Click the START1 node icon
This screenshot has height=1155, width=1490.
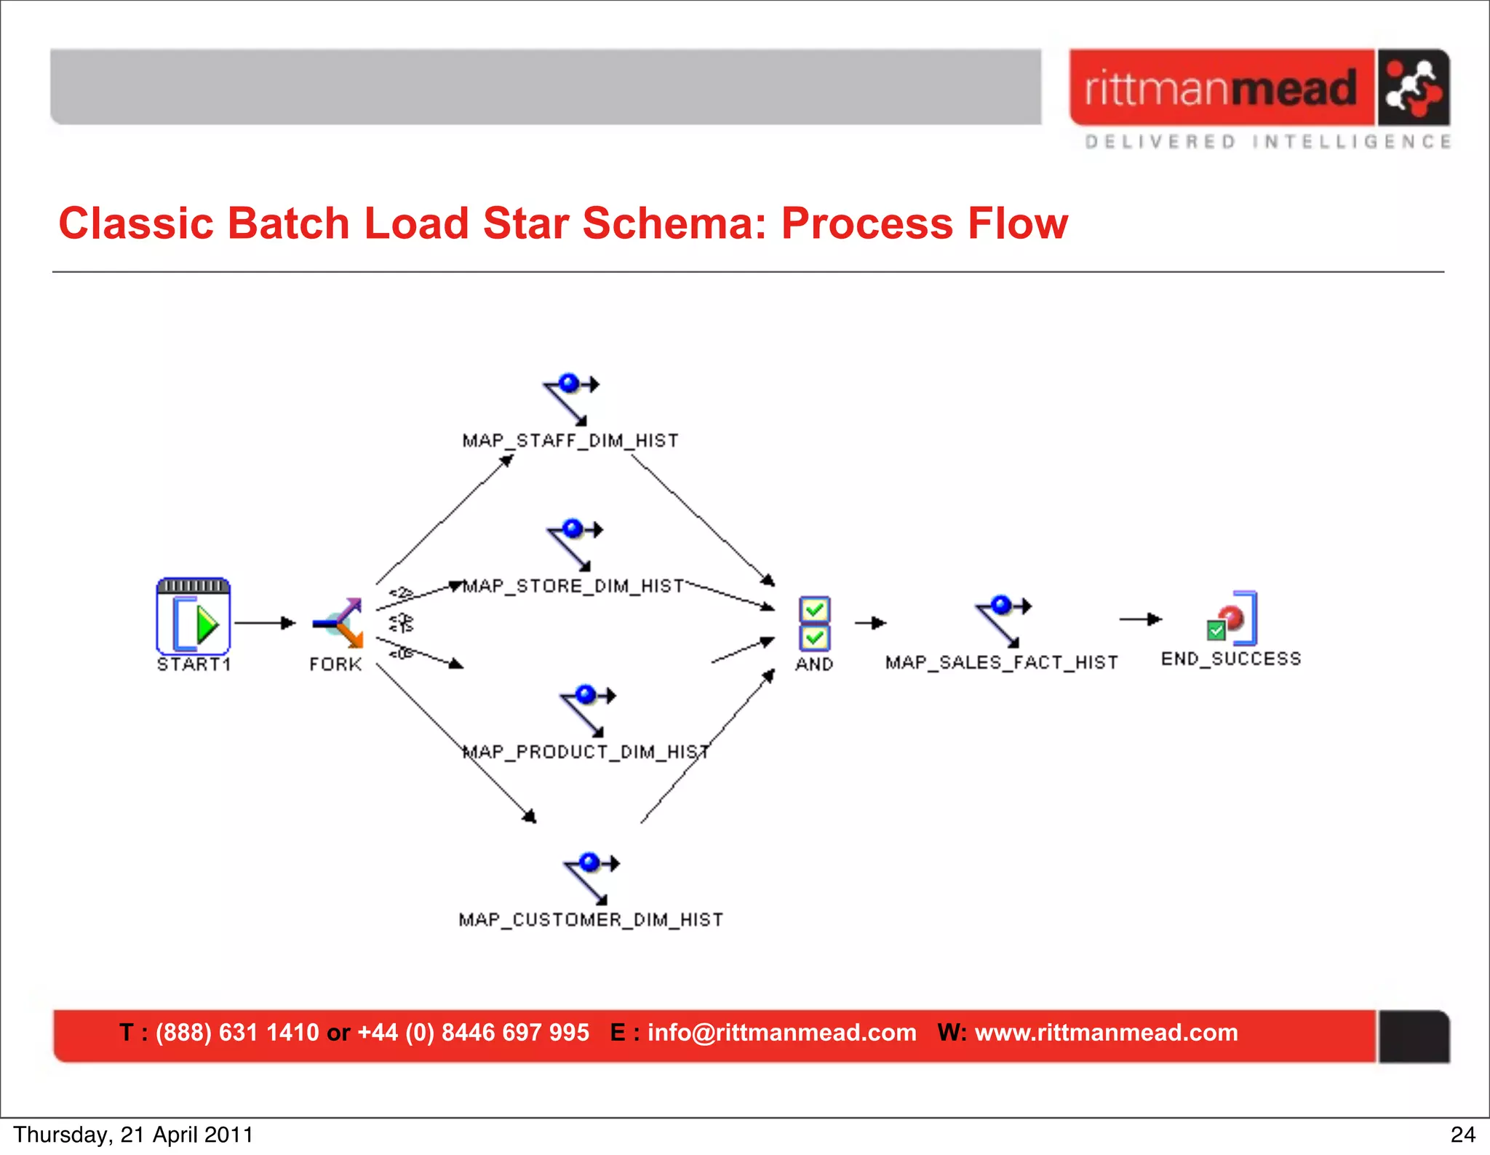(194, 616)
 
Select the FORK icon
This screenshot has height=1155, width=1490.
(338, 623)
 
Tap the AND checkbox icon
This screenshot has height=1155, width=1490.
(814, 623)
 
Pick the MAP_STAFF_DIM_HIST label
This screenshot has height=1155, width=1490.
(570, 441)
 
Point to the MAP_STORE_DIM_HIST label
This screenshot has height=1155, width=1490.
(573, 587)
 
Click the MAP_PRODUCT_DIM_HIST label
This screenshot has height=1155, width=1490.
(586, 752)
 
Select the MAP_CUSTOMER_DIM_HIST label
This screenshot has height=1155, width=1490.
(591, 920)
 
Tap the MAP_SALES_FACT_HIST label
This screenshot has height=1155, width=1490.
(1001, 662)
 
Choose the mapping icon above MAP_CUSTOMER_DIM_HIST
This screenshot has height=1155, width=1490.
(591, 878)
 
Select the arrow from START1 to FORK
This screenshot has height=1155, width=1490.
(265, 623)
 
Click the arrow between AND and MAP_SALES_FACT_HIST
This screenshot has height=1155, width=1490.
(870, 623)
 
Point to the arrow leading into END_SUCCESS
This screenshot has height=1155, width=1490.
(1140, 619)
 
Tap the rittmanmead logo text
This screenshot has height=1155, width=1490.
(1221, 89)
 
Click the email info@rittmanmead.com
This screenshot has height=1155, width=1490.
(781, 1033)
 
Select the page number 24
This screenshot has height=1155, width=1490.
(1462, 1135)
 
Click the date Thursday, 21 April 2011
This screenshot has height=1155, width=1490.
(133, 1135)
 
